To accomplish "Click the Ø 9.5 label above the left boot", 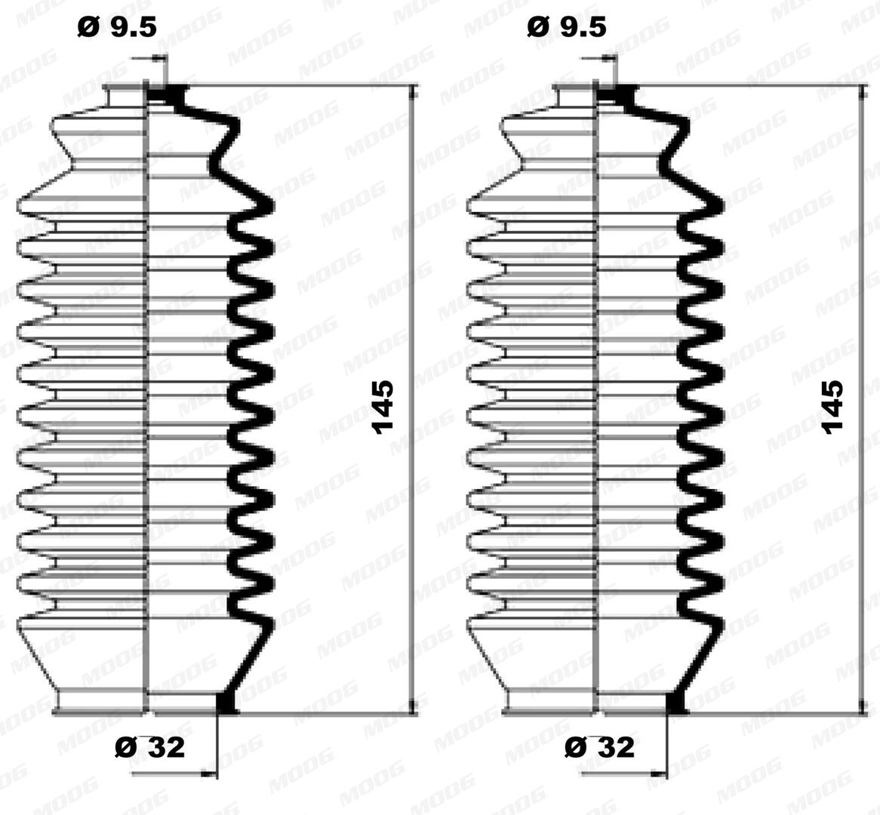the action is tap(117, 27).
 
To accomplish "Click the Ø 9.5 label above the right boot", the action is tap(567, 27).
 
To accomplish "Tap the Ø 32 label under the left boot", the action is tap(150, 747).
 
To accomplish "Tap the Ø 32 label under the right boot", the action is tap(600, 747).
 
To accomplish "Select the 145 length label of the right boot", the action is tap(833, 407).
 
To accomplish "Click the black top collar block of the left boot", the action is tap(167, 94).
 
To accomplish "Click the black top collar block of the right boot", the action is tap(617, 94).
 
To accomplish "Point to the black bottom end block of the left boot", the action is tap(226, 703).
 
